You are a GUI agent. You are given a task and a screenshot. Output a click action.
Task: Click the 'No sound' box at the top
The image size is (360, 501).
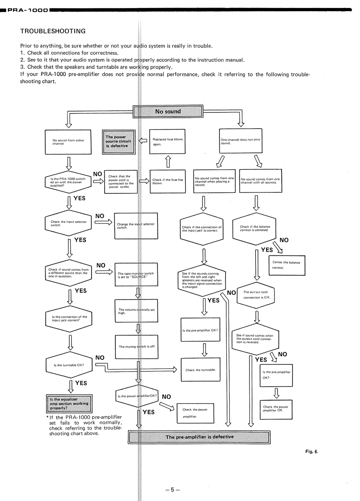[168, 112]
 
